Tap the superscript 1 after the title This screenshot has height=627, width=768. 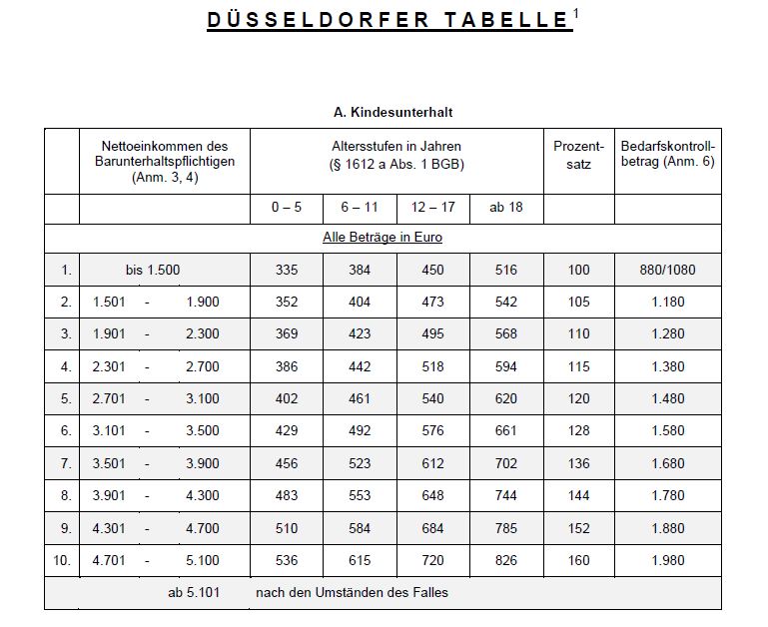click(577, 13)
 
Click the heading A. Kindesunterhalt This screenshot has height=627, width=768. click(392, 113)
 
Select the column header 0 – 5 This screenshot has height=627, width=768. click(287, 208)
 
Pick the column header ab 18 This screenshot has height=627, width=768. click(505, 208)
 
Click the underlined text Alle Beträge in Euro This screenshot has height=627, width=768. click(383, 238)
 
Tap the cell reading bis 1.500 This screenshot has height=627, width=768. click(153, 270)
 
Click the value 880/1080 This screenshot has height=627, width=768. click(667, 270)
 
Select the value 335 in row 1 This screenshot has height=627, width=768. click(287, 270)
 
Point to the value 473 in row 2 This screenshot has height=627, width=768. click(432, 302)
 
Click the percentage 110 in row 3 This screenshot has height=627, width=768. click(578, 334)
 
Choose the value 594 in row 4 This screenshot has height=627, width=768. click(505, 366)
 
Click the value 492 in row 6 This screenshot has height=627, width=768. click(360, 431)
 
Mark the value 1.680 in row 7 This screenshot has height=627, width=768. click(667, 463)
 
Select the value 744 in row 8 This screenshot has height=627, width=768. click(505, 495)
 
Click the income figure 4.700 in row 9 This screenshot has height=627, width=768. click(203, 528)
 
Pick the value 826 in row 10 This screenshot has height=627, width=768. click(505, 560)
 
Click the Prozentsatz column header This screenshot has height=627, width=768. click(578, 155)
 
